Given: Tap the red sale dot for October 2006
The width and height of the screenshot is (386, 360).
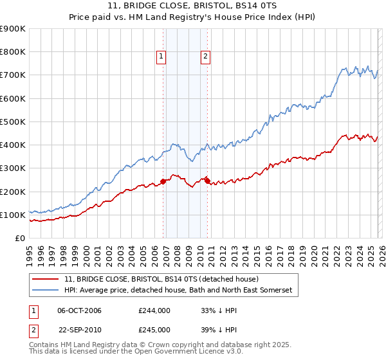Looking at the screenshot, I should [163, 181].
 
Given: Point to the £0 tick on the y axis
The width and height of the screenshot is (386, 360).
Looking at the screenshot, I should [21, 238].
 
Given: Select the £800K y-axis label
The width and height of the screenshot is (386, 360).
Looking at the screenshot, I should [14, 52].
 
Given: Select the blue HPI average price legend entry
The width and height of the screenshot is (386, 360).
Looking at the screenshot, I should [178, 291].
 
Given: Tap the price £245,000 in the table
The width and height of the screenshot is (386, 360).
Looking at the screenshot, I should [154, 328].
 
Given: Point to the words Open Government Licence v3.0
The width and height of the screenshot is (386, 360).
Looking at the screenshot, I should [172, 353].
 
